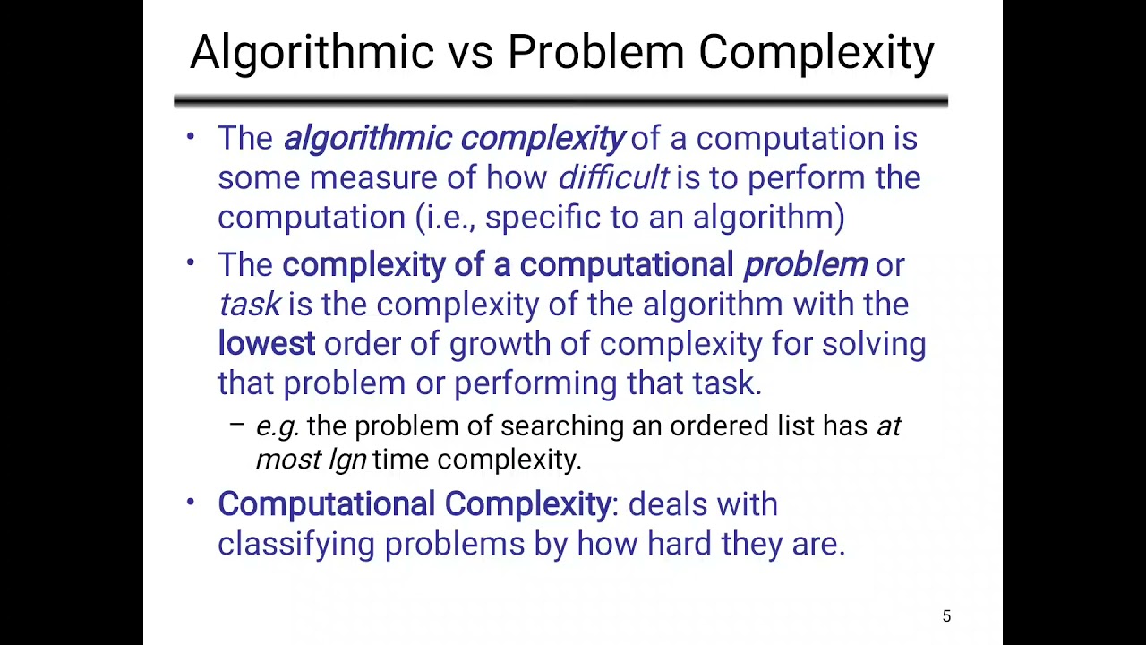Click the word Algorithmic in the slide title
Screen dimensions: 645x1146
(x=312, y=52)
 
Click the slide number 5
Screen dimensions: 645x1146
(x=946, y=616)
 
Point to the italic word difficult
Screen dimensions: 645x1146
(x=613, y=177)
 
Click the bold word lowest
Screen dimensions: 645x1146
(x=266, y=344)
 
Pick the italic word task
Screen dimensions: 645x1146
(x=249, y=305)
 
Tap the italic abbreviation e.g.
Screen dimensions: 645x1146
(x=277, y=426)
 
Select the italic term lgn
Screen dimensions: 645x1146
(x=347, y=460)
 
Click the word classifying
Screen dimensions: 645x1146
(x=295, y=544)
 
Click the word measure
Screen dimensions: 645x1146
(x=373, y=177)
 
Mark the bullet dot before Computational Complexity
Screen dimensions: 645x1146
(x=190, y=502)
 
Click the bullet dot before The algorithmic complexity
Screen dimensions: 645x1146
(x=190, y=136)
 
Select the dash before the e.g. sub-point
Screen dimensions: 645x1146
(x=236, y=426)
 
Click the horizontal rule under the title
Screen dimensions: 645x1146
(x=560, y=100)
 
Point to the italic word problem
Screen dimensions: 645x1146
(x=805, y=265)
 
